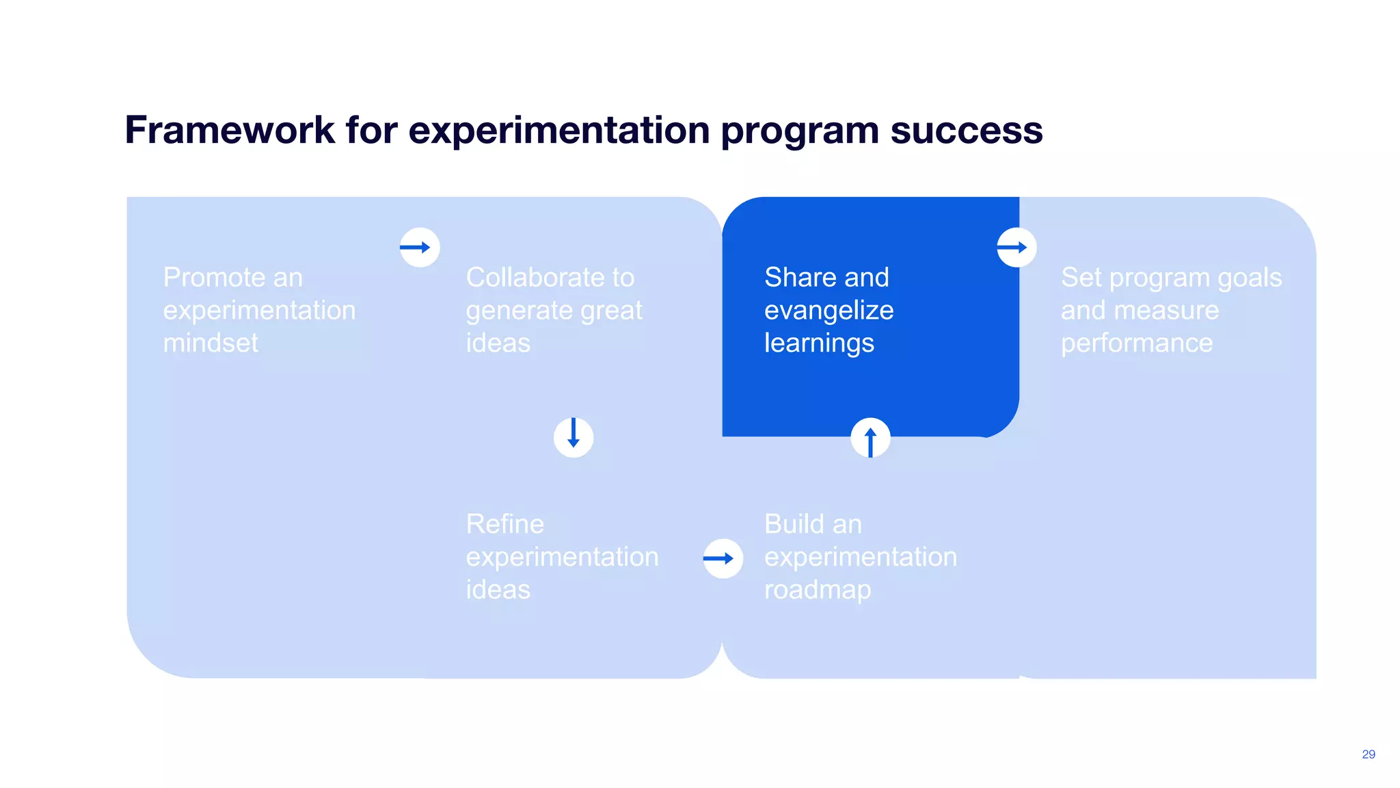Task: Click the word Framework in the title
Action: tap(230, 130)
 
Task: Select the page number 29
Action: tap(1368, 754)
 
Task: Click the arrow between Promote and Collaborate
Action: tap(419, 247)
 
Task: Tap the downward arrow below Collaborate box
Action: tap(574, 437)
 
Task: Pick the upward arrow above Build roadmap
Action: tap(870, 438)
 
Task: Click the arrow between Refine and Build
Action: tap(723, 558)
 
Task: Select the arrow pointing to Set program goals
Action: tap(1017, 247)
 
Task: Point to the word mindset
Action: tap(211, 343)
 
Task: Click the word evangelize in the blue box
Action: tap(829, 311)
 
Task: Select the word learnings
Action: tap(819, 343)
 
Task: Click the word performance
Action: tap(1136, 343)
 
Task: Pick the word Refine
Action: tap(504, 524)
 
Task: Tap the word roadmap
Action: tap(817, 590)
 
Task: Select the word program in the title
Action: tap(800, 131)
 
